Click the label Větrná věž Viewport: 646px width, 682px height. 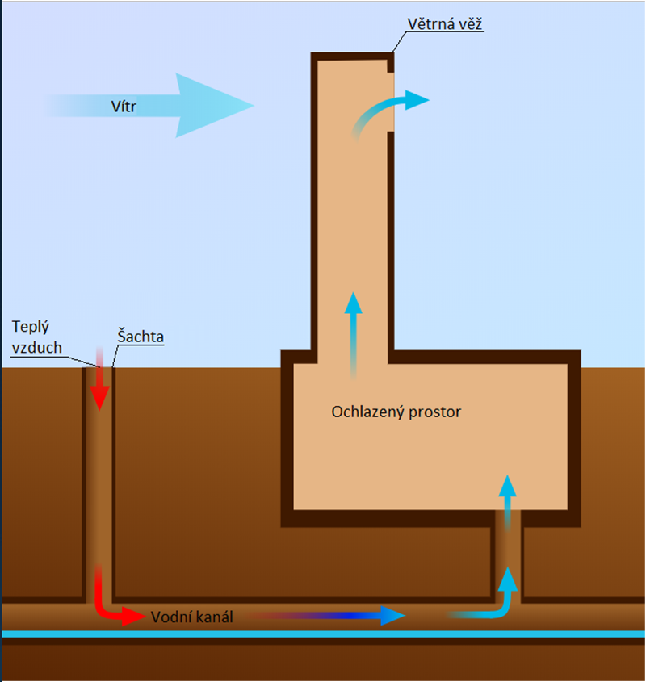pos(444,24)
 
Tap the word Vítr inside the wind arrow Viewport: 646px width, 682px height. pos(124,107)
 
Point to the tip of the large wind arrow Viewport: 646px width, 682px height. pos(254,105)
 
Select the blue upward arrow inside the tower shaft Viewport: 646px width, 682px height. pos(354,335)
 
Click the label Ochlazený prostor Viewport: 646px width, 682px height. pos(396,412)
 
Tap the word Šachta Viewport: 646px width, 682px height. pos(141,337)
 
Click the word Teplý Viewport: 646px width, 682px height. pos(31,327)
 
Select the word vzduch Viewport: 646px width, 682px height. pos(37,348)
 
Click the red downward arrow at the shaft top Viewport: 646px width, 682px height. pos(100,379)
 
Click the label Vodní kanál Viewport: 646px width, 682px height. pos(192,617)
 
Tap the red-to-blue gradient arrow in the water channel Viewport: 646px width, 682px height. pos(327,616)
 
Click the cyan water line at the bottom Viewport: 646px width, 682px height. pos(323,634)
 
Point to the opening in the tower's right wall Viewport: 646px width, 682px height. pos(391,103)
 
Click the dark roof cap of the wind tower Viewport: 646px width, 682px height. pos(352,56)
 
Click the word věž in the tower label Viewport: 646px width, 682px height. pos(469,24)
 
